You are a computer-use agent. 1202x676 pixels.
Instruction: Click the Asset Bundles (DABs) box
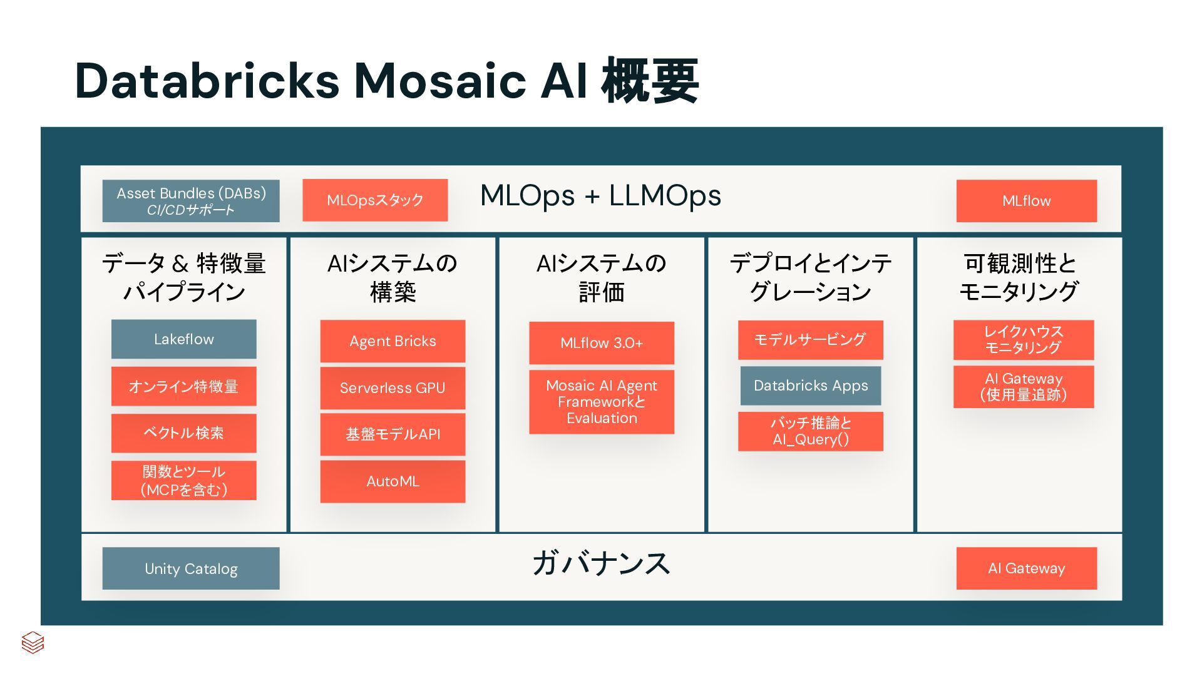click(191, 201)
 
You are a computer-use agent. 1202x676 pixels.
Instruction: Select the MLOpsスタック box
click(375, 200)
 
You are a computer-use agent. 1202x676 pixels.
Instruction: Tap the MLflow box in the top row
click(1026, 201)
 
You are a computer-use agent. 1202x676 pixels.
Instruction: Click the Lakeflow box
click(183, 339)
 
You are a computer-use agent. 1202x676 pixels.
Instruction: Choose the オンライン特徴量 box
click(183, 386)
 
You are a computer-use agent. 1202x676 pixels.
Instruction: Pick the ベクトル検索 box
click(183, 433)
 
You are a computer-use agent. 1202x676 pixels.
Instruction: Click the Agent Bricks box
click(393, 341)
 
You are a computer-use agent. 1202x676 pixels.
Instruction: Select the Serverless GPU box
click(393, 388)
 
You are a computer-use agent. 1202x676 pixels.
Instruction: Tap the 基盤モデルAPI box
click(393, 434)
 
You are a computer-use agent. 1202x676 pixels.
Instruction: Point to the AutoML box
click(393, 481)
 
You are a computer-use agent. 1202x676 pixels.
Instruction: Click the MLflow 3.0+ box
click(602, 343)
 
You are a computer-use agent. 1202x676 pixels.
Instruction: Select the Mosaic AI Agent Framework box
click(602, 402)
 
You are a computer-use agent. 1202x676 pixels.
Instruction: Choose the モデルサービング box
click(810, 340)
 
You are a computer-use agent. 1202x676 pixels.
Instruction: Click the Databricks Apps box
click(810, 386)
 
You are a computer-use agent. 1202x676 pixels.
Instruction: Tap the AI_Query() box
click(810, 431)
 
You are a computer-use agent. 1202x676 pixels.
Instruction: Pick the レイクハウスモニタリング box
click(1023, 340)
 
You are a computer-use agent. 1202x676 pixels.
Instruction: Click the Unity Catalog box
click(191, 568)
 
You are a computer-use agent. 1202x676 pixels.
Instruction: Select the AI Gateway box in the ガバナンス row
click(1026, 568)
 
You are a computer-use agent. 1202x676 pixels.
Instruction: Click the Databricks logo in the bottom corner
click(33, 642)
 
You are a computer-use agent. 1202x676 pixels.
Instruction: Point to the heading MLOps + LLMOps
click(600, 195)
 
